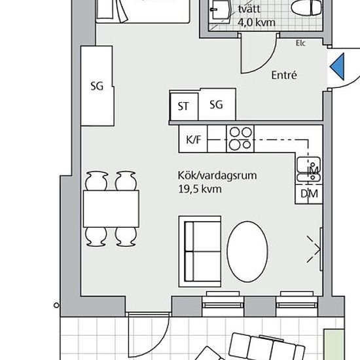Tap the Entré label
[284, 75]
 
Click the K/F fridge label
[194, 139]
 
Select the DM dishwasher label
[309, 194]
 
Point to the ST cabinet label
[183, 106]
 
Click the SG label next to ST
[216, 105]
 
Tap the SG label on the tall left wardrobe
[97, 86]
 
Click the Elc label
[300, 43]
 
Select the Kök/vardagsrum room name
[217, 175]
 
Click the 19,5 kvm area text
[200, 189]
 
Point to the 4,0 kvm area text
[257, 22]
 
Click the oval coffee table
[247, 251]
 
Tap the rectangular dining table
[111, 209]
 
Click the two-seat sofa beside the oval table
[200, 251]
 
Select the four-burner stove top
[240, 139]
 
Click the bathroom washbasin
[220, 10]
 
